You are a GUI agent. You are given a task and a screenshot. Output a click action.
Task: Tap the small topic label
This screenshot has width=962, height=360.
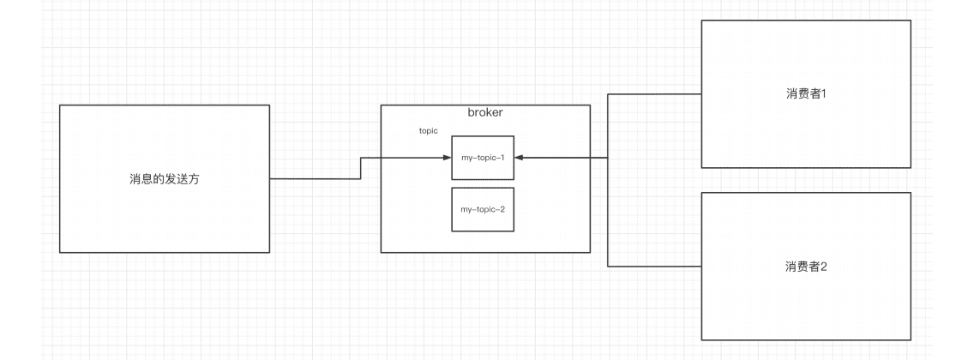pos(428,131)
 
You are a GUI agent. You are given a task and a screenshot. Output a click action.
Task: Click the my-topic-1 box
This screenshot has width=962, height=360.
pos(483,158)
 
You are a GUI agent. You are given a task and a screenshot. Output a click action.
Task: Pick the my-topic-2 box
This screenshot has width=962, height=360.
pos(483,209)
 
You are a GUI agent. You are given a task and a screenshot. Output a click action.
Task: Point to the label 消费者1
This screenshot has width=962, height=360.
pos(805,93)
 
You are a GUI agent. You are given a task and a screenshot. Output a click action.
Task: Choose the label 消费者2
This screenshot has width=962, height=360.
pos(805,266)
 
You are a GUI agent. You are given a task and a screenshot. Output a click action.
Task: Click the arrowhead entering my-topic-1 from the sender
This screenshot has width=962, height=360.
pos(447,158)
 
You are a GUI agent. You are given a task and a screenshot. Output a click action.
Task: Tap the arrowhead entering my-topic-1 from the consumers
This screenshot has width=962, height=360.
pos(520,158)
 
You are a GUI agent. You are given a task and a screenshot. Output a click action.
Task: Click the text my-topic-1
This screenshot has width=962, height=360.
pos(483,158)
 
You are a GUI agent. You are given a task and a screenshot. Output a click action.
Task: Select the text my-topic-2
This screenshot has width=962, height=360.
pos(483,209)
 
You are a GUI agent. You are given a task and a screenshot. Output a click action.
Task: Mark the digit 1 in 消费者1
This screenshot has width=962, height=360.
pos(823,93)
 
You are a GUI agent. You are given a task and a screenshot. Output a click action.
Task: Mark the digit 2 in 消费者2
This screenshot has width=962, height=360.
pos(823,266)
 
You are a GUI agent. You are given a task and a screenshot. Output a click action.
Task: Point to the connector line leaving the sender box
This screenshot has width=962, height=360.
pos(314,178)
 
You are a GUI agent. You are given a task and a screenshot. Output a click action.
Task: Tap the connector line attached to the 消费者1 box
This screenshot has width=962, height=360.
pos(654,93)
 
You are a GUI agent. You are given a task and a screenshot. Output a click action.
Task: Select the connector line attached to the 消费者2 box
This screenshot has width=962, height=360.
pos(654,266)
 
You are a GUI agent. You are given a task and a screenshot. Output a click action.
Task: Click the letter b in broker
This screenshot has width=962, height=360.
pos(471,113)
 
